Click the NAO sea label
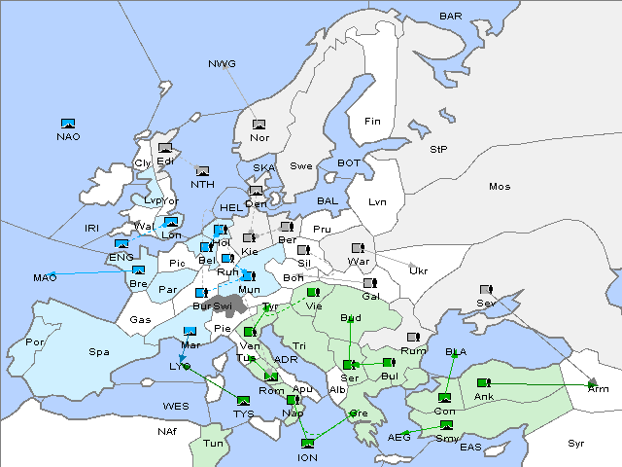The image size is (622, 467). pyautogui.click(x=68, y=136)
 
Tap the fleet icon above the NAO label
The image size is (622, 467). pyautogui.click(x=68, y=124)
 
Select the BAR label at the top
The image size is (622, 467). pyautogui.click(x=450, y=17)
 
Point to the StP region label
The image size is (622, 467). pyautogui.click(x=438, y=150)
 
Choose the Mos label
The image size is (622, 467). pyautogui.click(x=500, y=186)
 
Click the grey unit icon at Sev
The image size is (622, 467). pyautogui.click(x=485, y=290)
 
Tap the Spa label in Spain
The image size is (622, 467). pyautogui.click(x=99, y=351)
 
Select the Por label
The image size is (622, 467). pyautogui.click(x=35, y=342)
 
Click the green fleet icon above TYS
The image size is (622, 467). pyautogui.click(x=243, y=400)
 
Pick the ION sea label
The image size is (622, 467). pyautogui.click(x=307, y=456)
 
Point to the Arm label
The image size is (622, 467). pyautogui.click(x=599, y=388)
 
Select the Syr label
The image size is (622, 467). pyautogui.click(x=576, y=443)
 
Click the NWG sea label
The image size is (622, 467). pyautogui.click(x=222, y=63)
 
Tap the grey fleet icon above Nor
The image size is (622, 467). pyautogui.click(x=259, y=125)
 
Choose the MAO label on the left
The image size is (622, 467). pyautogui.click(x=45, y=278)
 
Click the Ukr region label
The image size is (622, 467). pyautogui.click(x=418, y=270)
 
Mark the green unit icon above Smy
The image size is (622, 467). pyautogui.click(x=446, y=425)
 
